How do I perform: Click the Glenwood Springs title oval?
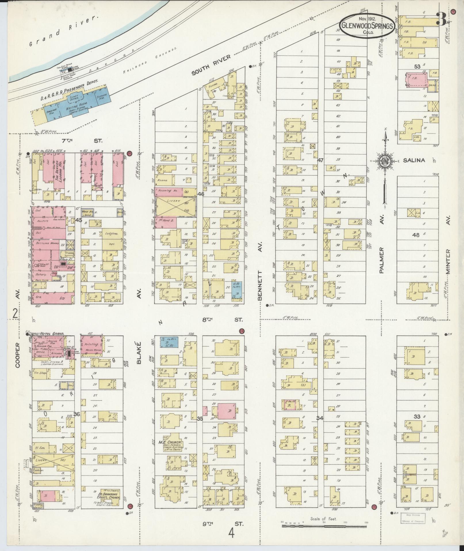367,26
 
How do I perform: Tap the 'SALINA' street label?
414,160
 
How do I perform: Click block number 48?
415,235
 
